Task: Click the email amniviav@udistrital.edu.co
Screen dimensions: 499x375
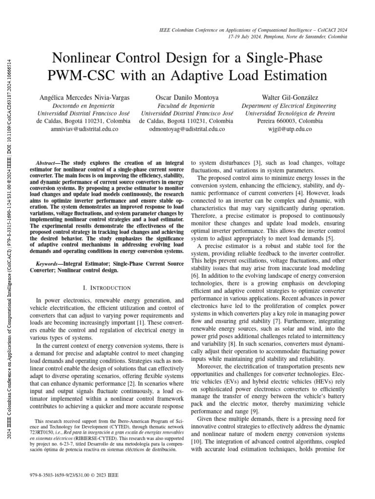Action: [84, 129]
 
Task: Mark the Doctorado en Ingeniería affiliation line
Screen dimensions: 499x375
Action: [84, 105]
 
